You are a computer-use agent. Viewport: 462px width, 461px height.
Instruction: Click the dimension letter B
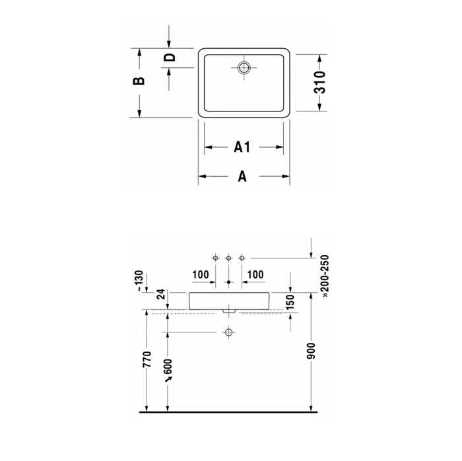point(138,81)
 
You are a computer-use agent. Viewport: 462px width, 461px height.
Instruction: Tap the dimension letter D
point(170,57)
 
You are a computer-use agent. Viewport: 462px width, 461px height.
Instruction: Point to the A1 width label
point(243,147)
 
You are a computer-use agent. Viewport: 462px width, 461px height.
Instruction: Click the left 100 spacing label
point(201,274)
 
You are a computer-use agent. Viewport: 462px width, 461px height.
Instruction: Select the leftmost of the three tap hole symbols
point(215,257)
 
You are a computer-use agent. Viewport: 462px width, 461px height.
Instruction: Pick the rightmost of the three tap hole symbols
point(242,257)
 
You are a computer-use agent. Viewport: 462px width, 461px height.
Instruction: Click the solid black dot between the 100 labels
point(229,282)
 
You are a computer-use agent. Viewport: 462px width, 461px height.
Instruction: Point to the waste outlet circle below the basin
point(229,332)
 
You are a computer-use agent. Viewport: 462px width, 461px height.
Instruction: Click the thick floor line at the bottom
point(231,412)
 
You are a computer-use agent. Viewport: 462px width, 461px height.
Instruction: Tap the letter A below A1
point(242,176)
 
